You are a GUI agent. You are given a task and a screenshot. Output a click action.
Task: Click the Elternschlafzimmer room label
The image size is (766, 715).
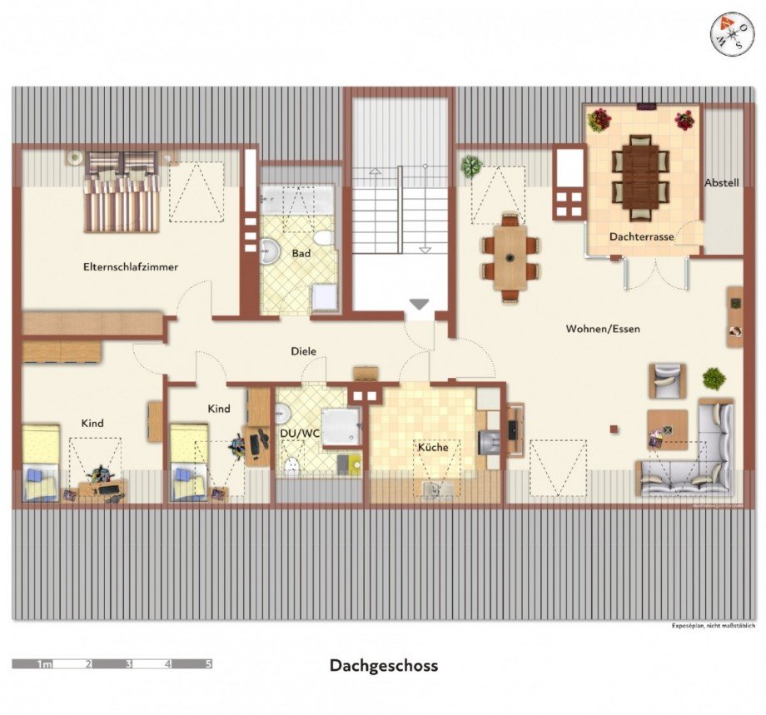coord(131,267)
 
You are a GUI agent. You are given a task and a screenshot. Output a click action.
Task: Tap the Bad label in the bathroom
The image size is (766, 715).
coord(301,251)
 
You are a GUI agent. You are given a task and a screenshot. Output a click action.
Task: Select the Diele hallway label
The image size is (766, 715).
coord(303,351)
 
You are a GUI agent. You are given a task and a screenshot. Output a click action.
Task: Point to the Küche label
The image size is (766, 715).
coord(433,447)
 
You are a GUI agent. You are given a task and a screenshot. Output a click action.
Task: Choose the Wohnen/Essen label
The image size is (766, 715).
coord(603,329)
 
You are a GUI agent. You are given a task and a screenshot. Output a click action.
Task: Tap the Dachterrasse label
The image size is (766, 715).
coord(641,237)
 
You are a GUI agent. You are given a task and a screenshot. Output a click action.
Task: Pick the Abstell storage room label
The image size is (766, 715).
coord(721,183)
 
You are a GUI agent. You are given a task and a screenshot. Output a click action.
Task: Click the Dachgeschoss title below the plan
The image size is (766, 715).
coord(383,665)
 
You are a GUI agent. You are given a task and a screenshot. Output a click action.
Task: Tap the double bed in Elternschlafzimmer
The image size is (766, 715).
coord(122,191)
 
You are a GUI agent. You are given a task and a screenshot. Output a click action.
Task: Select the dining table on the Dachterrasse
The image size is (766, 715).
coord(640,171)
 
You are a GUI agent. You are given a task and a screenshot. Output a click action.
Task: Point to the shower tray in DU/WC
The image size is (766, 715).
coord(341,427)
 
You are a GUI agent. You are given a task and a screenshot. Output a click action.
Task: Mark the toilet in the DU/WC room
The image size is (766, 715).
coord(291,465)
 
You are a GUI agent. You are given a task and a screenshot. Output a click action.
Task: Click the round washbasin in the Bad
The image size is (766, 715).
coord(270,250)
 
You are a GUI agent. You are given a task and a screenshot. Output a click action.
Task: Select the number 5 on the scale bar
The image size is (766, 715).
coord(208,664)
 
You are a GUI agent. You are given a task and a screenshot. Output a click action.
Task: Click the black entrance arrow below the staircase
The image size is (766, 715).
coord(420,305)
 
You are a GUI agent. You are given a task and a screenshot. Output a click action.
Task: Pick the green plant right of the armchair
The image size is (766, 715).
coord(714,379)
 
